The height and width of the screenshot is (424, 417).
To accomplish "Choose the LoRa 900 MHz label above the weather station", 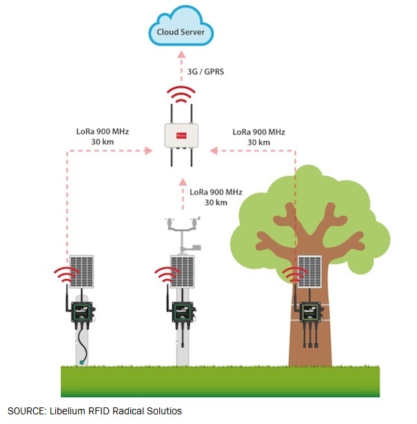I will point(216,196).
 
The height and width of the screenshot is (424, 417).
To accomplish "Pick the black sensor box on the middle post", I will point(182,312).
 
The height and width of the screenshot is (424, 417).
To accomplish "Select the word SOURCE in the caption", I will point(26,411).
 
